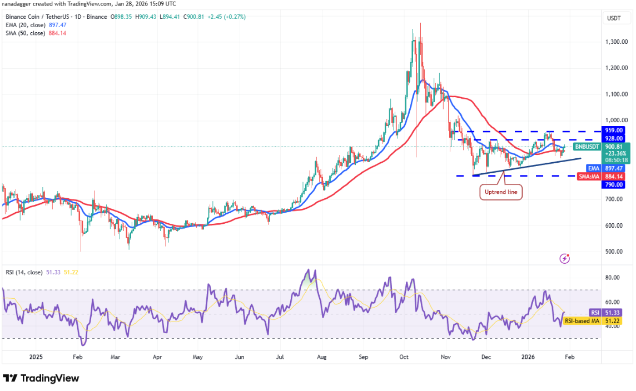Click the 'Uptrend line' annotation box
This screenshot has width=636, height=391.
point(501,192)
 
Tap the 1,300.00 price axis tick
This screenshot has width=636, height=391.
point(617,42)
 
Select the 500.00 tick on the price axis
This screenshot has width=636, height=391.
point(614,252)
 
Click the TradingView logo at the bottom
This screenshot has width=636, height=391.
point(42,378)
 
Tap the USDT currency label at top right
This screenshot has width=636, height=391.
point(614,18)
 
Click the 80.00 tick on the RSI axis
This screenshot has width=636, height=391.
point(613,278)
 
